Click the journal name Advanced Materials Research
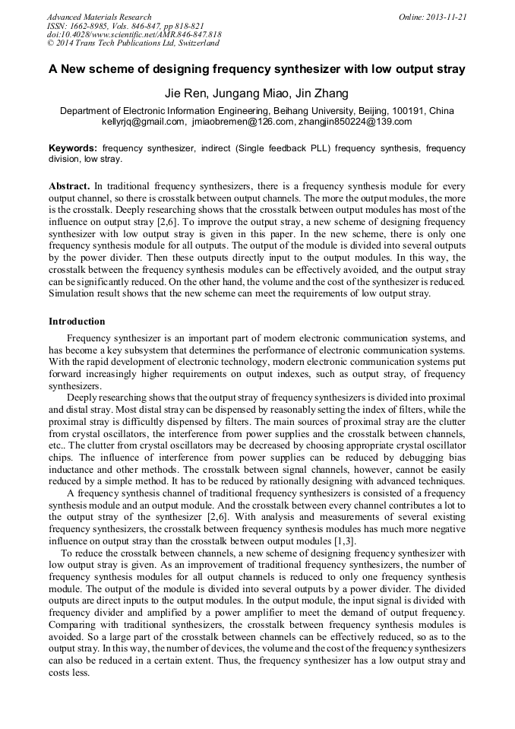pos(99,16)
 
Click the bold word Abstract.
pos(69,185)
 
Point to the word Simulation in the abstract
pos(72,293)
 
